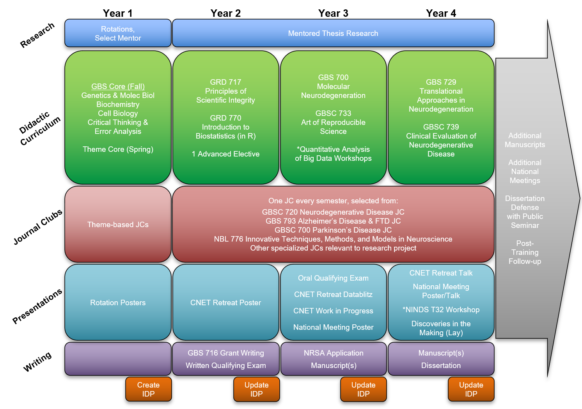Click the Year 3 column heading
pyautogui.click(x=333, y=13)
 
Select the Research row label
pyautogui.click(x=37, y=36)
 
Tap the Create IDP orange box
pyautogui.click(x=148, y=389)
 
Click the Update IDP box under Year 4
pyautogui.click(x=471, y=389)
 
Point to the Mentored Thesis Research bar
pyautogui.click(x=333, y=34)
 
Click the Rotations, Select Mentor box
pyautogui.click(x=118, y=34)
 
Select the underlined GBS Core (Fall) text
pyautogui.click(x=118, y=87)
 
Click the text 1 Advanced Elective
pyautogui.click(x=225, y=154)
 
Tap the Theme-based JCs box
pyautogui.click(x=118, y=224)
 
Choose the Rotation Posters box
pyautogui.click(x=118, y=302)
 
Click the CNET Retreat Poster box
pyautogui.click(x=225, y=302)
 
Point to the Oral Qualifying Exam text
pyautogui.click(x=333, y=278)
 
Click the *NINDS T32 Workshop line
pyautogui.click(x=441, y=310)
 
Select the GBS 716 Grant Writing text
pyautogui.click(x=225, y=353)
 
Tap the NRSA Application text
pyautogui.click(x=333, y=353)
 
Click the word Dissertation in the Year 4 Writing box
pyautogui.click(x=441, y=366)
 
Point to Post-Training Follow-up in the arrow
pyautogui.click(x=525, y=253)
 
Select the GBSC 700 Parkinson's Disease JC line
pyautogui.click(x=333, y=230)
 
